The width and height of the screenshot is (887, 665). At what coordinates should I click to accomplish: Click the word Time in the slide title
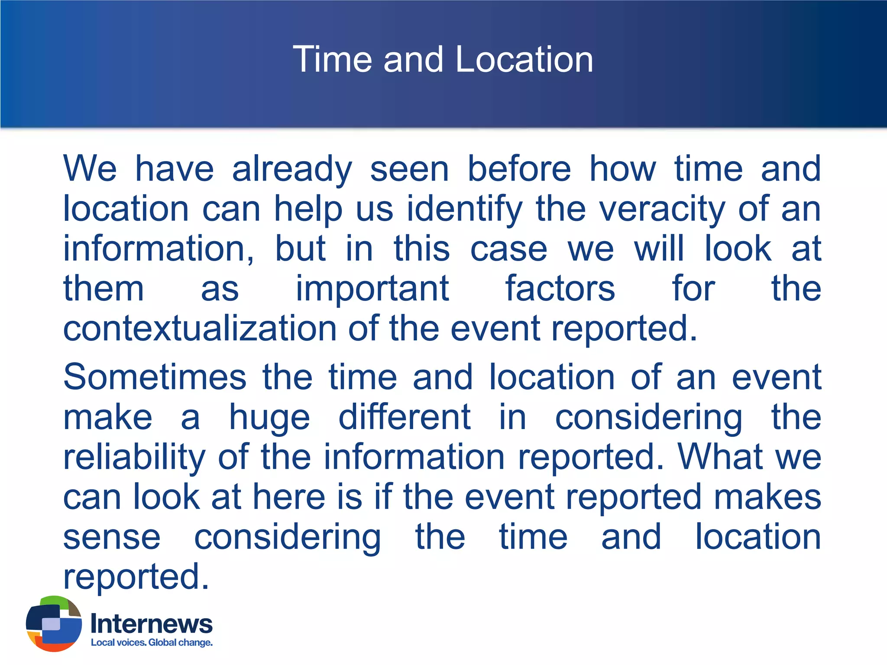(x=332, y=59)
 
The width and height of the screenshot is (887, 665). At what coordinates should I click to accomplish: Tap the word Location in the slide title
(x=524, y=59)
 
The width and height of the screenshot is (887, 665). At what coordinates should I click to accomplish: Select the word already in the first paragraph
(x=292, y=170)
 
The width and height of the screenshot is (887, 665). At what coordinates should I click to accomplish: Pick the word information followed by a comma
(x=159, y=249)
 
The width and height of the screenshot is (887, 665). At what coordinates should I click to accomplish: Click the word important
(x=372, y=289)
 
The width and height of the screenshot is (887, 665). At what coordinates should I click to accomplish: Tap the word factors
(x=560, y=289)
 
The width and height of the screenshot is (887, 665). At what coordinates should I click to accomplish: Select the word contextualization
(x=200, y=329)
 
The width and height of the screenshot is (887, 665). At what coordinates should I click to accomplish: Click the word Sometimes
(x=155, y=377)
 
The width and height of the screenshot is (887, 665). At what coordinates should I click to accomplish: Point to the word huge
(x=269, y=418)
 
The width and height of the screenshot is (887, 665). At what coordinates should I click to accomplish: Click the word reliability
(x=134, y=458)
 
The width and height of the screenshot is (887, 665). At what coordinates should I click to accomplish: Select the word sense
(x=112, y=537)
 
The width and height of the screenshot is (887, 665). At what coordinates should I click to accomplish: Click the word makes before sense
(x=767, y=497)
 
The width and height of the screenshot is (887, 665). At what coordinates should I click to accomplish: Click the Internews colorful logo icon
(x=54, y=623)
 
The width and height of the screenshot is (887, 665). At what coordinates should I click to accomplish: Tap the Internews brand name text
(x=152, y=624)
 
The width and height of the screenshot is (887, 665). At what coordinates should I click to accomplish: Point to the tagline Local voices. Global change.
(x=152, y=642)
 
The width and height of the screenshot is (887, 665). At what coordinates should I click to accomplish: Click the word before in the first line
(x=519, y=169)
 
